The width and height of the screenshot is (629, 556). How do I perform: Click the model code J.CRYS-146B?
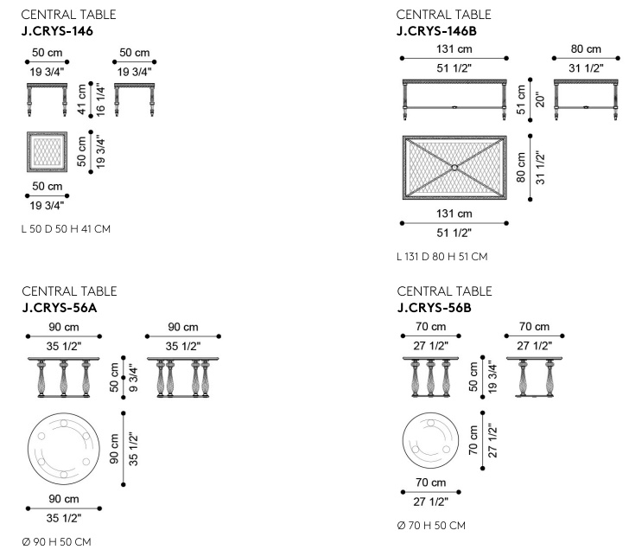pyautogui.click(x=436, y=31)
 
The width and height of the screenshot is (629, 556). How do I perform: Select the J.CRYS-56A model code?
pyautogui.click(x=60, y=308)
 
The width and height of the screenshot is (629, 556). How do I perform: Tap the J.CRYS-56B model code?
pyautogui.click(x=435, y=308)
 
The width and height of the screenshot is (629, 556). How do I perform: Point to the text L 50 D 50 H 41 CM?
pyautogui.click(x=66, y=229)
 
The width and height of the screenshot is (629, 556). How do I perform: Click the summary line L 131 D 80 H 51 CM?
pyautogui.click(x=442, y=257)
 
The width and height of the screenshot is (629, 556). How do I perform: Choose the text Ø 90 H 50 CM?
pyautogui.click(x=56, y=542)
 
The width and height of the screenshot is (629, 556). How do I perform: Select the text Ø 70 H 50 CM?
pyautogui.click(x=431, y=526)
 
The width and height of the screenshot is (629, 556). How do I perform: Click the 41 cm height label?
pyautogui.click(x=82, y=99)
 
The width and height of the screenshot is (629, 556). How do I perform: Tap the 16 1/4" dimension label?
pyautogui.click(x=100, y=99)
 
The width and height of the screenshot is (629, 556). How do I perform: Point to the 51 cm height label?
pyautogui.click(x=521, y=99)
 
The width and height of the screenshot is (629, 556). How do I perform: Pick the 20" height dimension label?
pyautogui.click(x=540, y=99)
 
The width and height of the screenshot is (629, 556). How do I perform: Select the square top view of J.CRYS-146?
pyautogui.click(x=47, y=151)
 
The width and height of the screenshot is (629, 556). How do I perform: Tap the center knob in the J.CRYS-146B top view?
pyautogui.click(x=454, y=168)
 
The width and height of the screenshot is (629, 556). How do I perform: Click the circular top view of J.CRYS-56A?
pyautogui.click(x=64, y=449)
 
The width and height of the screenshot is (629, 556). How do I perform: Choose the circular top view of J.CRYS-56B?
pyautogui.click(x=431, y=440)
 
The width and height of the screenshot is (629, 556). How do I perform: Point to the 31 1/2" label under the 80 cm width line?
pyautogui.click(x=586, y=68)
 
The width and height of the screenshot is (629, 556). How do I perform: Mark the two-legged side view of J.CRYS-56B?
pyautogui.click(x=534, y=377)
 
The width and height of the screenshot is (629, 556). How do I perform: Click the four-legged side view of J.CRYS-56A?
pyautogui.click(x=183, y=377)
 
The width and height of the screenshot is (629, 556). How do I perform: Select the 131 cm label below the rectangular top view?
pyautogui.click(x=454, y=214)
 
